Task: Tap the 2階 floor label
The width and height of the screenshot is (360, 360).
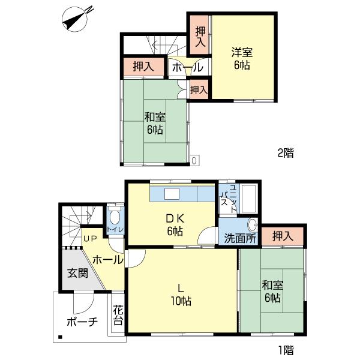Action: coord(285,152)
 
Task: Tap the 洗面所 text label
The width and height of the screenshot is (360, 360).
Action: coord(240,238)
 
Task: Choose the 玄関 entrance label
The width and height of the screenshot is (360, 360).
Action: coord(77,274)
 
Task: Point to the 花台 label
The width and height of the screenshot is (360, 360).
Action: coord(118,316)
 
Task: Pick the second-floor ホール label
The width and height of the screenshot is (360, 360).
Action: coord(187,68)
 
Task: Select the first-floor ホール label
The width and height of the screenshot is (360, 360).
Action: coord(108,260)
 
